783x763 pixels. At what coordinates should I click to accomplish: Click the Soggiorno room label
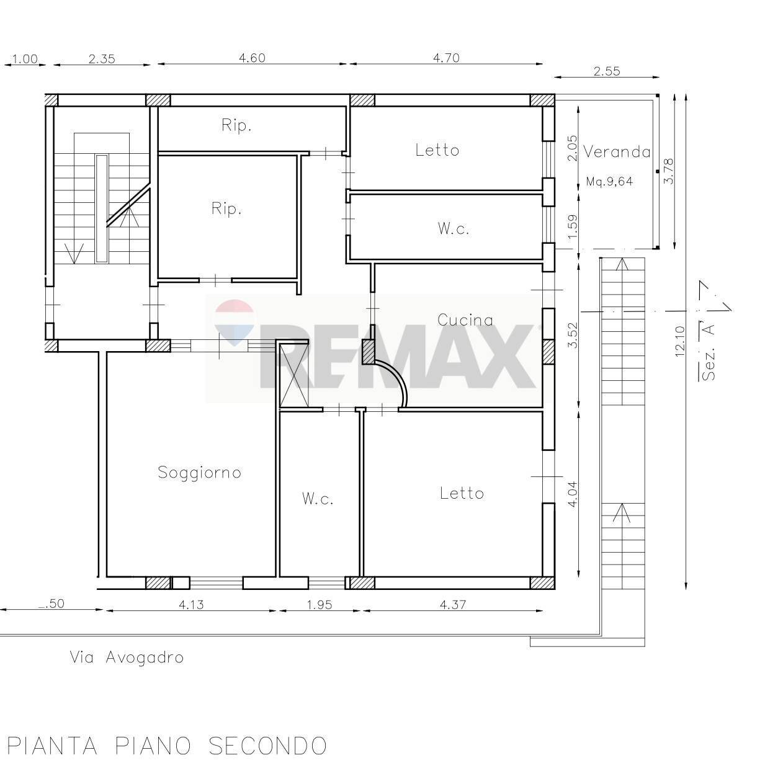(199, 473)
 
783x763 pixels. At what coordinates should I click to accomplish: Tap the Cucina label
(465, 320)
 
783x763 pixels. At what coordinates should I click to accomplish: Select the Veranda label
(617, 152)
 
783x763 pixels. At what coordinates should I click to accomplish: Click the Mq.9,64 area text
(609, 182)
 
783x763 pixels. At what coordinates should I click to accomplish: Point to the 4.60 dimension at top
(252, 58)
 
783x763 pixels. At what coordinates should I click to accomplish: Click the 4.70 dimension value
(445, 58)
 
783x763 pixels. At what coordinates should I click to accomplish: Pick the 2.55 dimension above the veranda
(606, 71)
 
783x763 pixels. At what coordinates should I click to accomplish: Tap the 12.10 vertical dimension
(679, 341)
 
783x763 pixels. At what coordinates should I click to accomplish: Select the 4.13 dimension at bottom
(191, 604)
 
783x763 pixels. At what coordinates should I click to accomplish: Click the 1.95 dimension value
(320, 604)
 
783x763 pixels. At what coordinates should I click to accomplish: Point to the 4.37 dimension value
(453, 604)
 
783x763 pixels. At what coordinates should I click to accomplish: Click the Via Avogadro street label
(127, 658)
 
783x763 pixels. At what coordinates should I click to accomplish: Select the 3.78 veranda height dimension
(668, 171)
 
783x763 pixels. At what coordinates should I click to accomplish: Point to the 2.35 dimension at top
(102, 59)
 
